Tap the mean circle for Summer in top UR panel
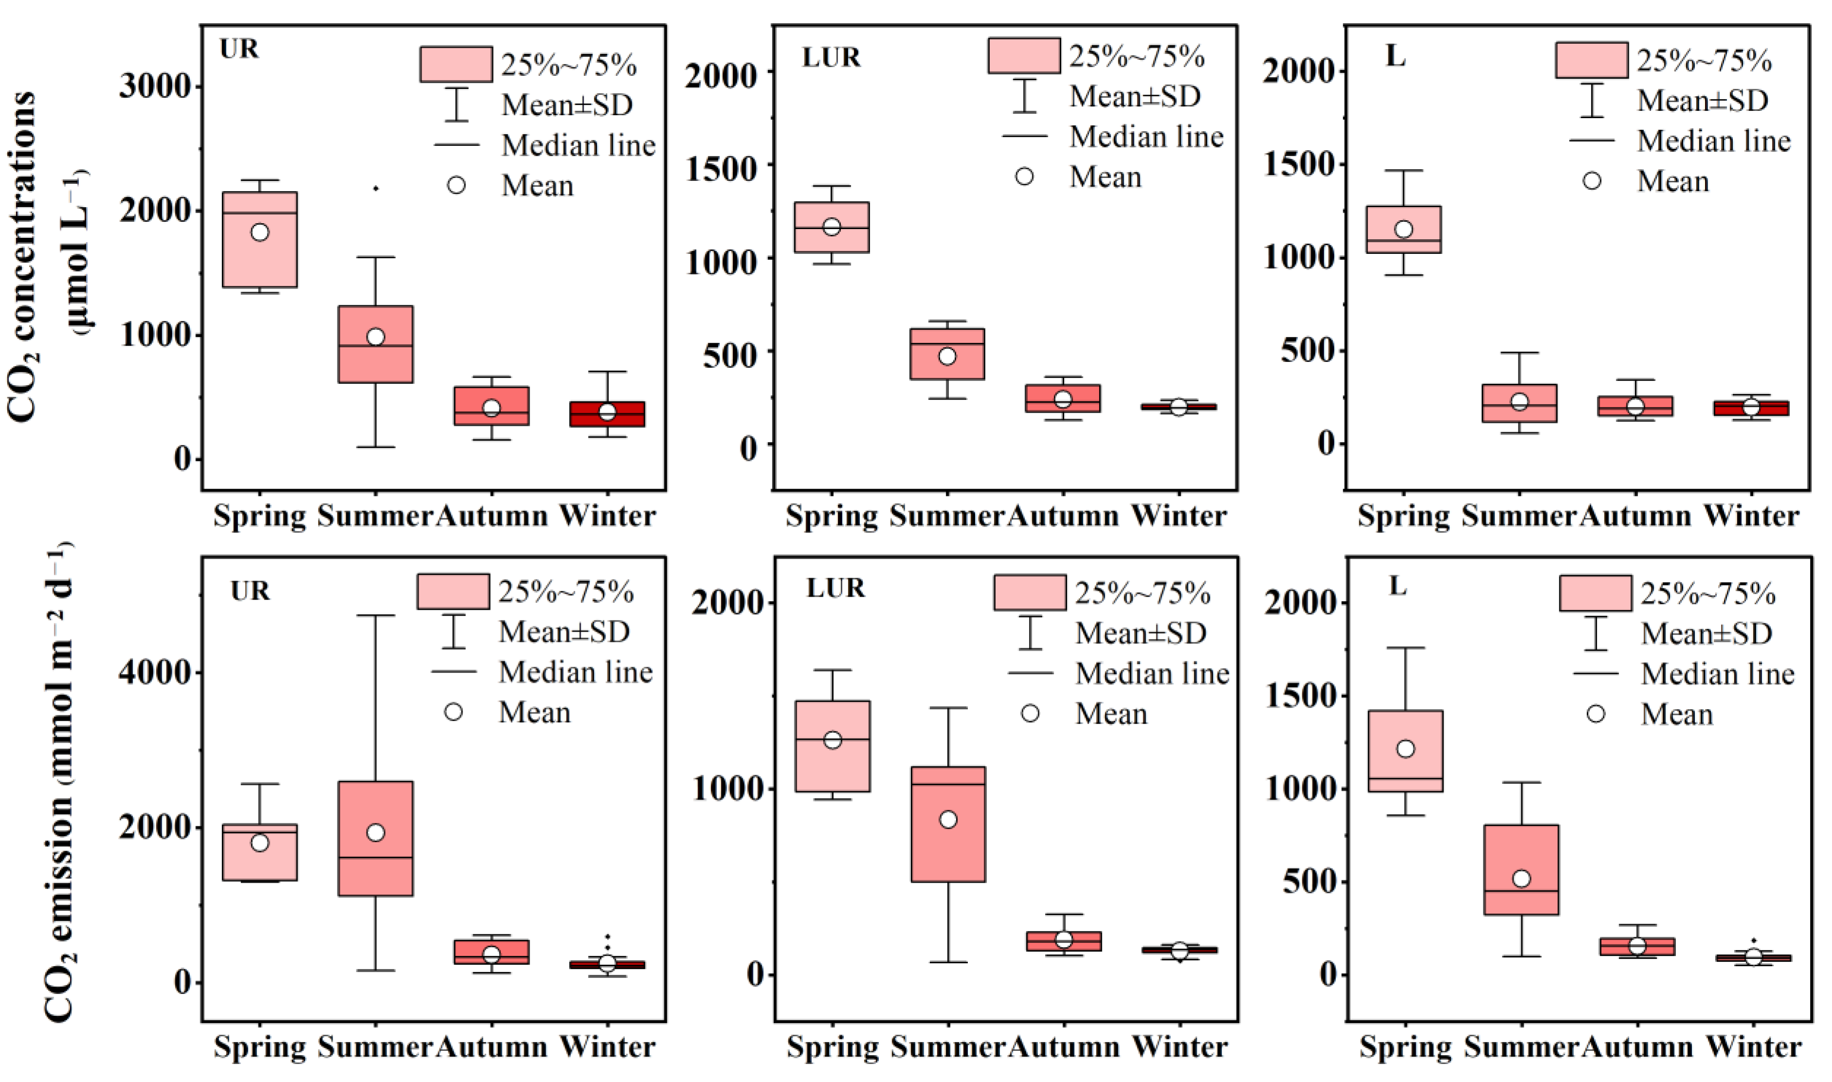click(x=375, y=337)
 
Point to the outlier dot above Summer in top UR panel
click(x=375, y=188)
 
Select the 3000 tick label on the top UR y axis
click(x=155, y=87)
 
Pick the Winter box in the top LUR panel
click(x=1179, y=407)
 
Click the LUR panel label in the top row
click(x=831, y=57)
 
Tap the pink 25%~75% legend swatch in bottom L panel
click(x=1595, y=593)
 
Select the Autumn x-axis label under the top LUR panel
click(x=1063, y=516)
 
